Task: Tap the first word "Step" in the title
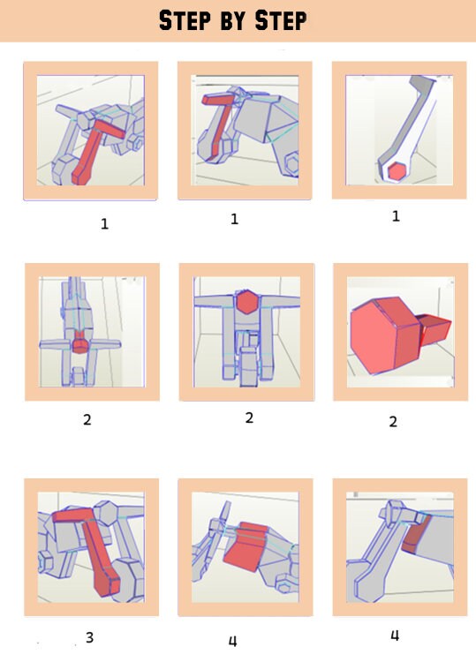coord(188,19)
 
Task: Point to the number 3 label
coord(89,636)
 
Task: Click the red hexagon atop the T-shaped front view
coord(248,302)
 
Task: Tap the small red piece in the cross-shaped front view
coord(80,342)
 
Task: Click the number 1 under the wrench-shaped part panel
coord(395,216)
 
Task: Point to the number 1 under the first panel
coord(104,224)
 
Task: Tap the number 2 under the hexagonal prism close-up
coord(393,422)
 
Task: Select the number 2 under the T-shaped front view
coord(249,418)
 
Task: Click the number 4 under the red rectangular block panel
coord(232,641)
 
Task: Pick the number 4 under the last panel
coord(395,636)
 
